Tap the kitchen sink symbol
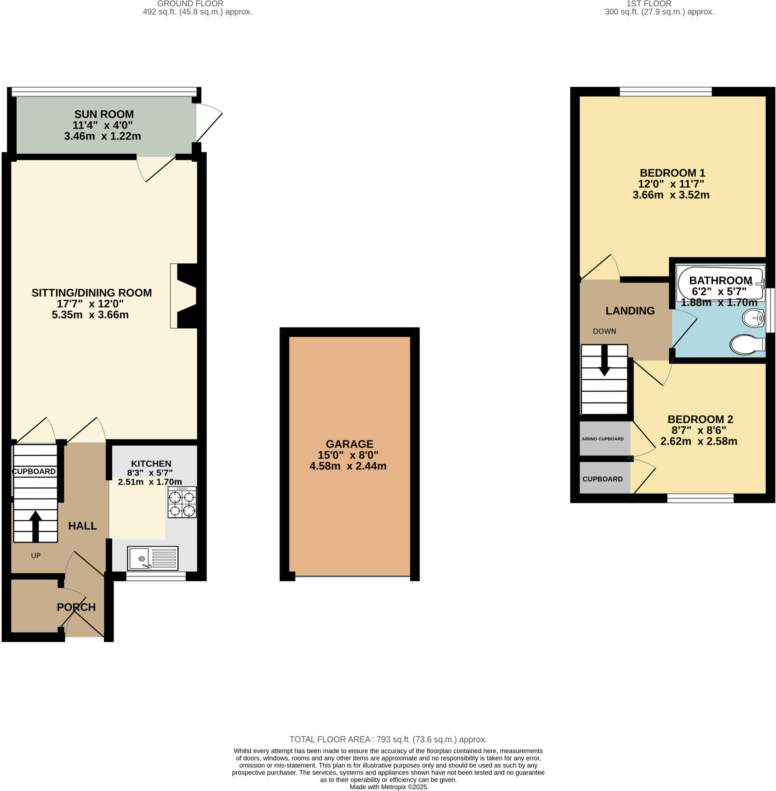click(152, 558)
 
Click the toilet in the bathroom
click(747, 345)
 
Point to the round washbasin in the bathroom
click(753, 318)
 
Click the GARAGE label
click(349, 444)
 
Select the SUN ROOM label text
click(104, 114)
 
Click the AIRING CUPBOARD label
click(602, 439)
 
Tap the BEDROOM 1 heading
click(672, 173)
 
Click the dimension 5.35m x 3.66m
click(90, 315)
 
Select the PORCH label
click(76, 607)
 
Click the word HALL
click(82, 526)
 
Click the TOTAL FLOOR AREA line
click(388, 739)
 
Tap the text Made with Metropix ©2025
click(388, 787)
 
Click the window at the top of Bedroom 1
click(665, 92)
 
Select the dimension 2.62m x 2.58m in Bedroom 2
click(699, 441)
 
